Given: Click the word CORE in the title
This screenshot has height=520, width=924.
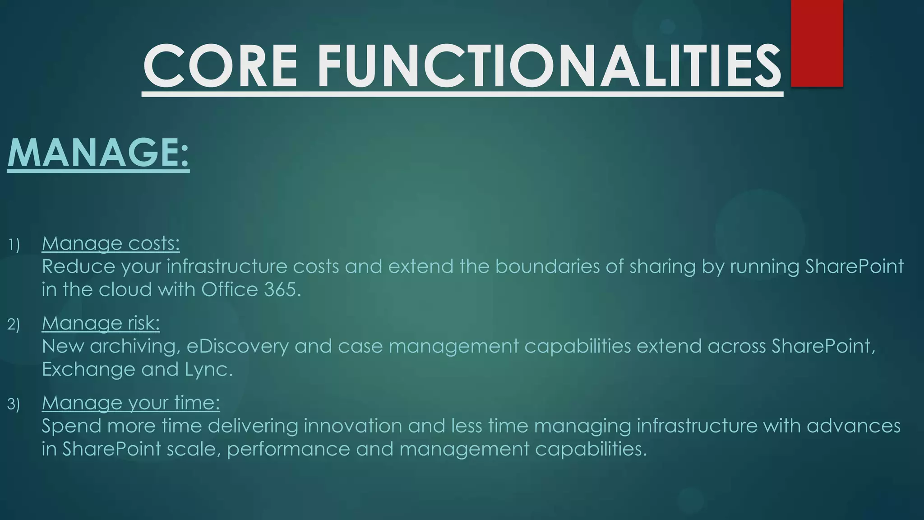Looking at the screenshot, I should tap(220, 66).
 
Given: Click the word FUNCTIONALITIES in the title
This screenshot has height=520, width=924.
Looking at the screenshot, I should tap(550, 66).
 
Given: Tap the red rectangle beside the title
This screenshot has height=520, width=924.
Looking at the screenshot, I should tap(817, 43).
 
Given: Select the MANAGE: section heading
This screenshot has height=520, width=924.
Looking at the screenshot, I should tap(98, 153).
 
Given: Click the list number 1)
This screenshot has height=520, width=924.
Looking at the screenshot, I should tap(14, 245).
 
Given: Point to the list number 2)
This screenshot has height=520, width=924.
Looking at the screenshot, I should tap(14, 325).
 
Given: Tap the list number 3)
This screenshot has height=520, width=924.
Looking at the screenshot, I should tap(14, 404).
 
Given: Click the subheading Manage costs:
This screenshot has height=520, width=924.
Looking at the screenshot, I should tap(111, 243).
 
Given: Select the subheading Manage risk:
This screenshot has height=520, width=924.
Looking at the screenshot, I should tap(101, 323).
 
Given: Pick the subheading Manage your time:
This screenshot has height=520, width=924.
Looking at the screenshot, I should tap(131, 403).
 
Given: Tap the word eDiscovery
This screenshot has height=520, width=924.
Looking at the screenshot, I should tap(237, 346).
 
